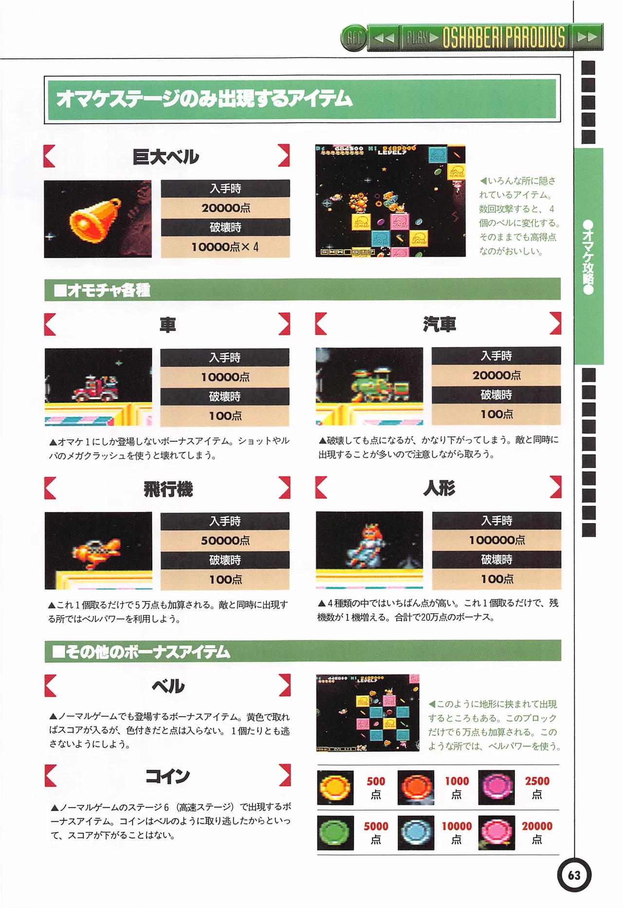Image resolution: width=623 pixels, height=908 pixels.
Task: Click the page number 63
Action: (574, 875)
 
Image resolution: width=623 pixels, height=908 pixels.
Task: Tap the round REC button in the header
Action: (354, 37)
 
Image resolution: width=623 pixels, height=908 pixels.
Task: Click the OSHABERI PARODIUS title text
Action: (504, 37)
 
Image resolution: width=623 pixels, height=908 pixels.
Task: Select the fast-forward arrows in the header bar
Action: (586, 37)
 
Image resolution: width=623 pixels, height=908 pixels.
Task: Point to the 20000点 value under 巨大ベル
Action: (225, 208)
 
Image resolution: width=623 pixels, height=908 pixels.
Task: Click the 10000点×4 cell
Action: (225, 247)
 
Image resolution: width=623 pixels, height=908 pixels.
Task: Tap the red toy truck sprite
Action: (95, 388)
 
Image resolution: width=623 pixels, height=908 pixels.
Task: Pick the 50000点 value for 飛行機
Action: (225, 541)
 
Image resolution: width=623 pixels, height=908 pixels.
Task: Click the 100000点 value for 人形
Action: (496, 540)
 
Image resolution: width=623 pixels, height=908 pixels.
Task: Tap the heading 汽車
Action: (439, 324)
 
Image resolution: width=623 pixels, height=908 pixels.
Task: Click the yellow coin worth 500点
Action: (335, 787)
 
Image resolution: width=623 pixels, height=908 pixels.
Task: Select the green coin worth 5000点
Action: (335, 833)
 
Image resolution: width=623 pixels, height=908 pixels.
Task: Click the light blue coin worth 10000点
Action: (416, 833)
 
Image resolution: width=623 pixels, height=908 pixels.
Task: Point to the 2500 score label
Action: (537, 781)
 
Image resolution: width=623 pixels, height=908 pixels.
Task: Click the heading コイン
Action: (167, 776)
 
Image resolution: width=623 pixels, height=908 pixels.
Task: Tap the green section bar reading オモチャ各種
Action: (302, 290)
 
